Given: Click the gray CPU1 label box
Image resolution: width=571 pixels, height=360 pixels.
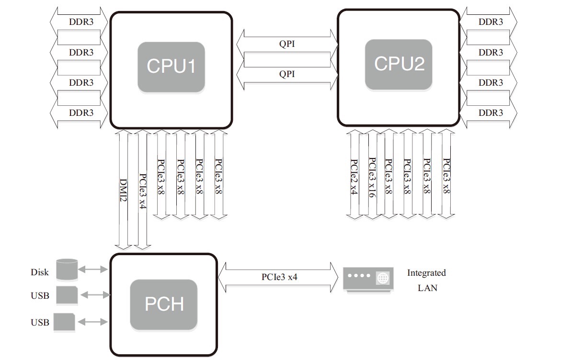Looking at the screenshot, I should pyautogui.click(x=171, y=67).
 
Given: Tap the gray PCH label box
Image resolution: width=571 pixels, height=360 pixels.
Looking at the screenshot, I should pyautogui.click(x=164, y=304).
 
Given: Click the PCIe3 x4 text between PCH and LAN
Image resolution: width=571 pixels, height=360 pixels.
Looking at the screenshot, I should pyautogui.click(x=279, y=277).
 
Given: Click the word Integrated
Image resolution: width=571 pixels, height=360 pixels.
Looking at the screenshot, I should pyautogui.click(x=426, y=273).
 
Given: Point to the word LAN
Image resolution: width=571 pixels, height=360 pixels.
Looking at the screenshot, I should pyautogui.click(x=427, y=288).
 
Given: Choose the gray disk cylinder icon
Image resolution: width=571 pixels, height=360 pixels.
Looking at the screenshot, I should pyautogui.click(x=67, y=269).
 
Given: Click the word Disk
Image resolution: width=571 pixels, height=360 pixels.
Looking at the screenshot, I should pyautogui.click(x=40, y=272).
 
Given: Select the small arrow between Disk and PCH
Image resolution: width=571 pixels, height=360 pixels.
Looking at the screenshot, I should pyautogui.click(x=93, y=270).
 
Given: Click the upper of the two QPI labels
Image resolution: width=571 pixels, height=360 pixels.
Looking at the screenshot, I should pyautogui.click(x=287, y=44).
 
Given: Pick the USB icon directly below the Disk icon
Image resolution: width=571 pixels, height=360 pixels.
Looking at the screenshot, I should pyautogui.click(x=67, y=295).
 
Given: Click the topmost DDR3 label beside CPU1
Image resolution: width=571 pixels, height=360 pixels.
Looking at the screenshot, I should pyautogui.click(x=81, y=22).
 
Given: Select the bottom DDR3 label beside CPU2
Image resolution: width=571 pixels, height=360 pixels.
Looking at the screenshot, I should pyautogui.click(x=491, y=113).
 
